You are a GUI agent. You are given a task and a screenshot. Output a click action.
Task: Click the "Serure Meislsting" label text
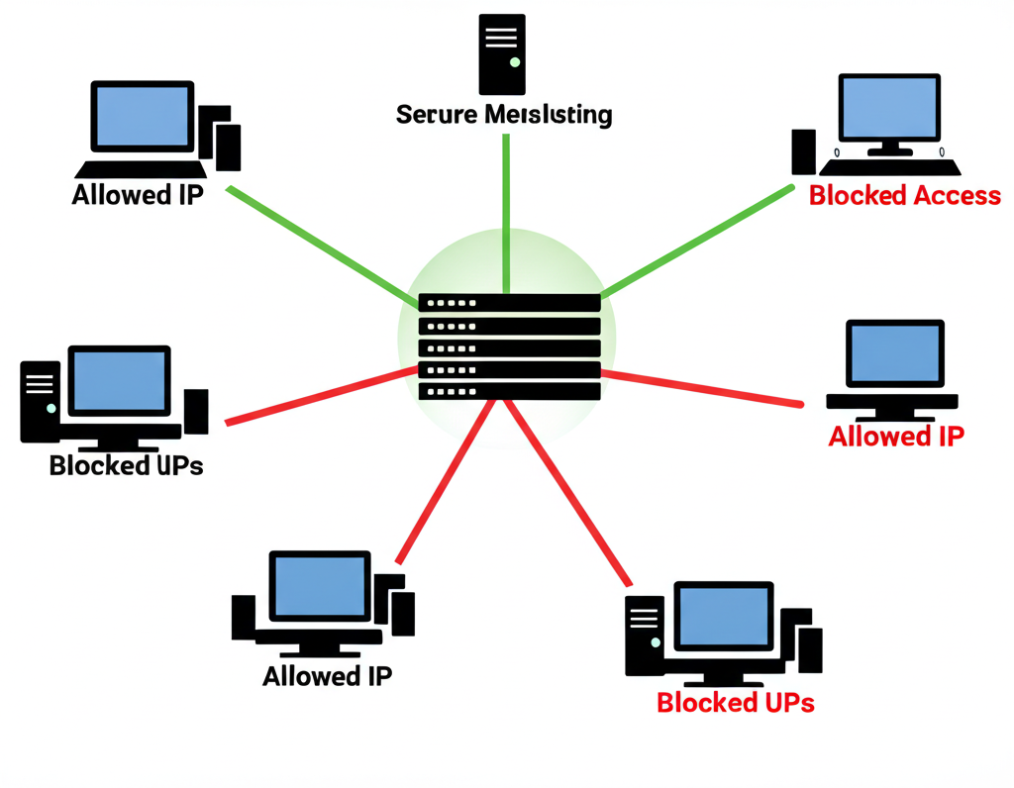tap(504, 115)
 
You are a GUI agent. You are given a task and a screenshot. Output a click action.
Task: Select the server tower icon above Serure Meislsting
tap(502, 53)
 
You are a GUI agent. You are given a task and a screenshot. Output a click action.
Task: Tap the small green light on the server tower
tap(513, 61)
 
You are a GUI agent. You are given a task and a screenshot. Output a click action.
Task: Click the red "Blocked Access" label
tap(904, 195)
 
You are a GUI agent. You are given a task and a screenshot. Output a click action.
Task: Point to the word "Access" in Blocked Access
tap(957, 195)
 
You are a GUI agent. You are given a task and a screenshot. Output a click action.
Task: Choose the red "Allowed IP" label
tap(896, 436)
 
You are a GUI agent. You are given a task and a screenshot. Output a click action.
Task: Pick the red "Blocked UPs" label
tap(736, 703)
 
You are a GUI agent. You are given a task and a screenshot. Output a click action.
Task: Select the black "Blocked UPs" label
tap(126, 465)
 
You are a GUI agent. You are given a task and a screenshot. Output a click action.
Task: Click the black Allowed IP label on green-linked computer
tap(138, 194)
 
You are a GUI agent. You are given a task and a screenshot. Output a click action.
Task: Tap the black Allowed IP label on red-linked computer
tap(328, 676)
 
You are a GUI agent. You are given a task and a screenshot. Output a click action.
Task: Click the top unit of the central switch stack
tap(509, 303)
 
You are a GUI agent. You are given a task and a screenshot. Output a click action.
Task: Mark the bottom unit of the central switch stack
tap(509, 391)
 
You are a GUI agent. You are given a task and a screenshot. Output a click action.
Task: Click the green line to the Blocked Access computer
tap(698, 240)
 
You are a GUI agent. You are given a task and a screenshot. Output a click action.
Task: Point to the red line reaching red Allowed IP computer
tap(703, 387)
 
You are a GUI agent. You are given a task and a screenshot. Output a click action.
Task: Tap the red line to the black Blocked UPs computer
tap(317, 396)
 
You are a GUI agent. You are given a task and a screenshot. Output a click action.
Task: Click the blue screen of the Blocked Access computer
tap(888, 107)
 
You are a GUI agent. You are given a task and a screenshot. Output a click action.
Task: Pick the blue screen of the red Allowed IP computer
tap(894, 354)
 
